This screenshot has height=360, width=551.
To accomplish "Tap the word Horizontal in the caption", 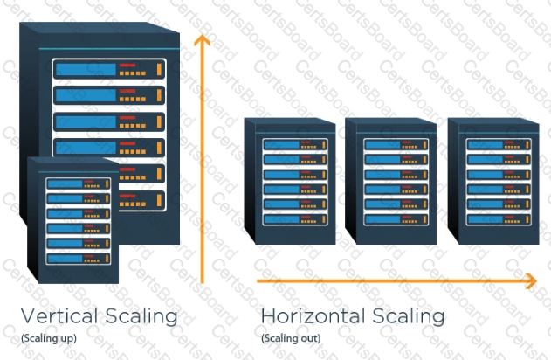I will (313, 315).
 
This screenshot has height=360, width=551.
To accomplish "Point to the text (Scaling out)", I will (291, 337).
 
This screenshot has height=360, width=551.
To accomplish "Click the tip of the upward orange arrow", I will (203, 38).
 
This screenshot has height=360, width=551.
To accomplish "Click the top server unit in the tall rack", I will (108, 69).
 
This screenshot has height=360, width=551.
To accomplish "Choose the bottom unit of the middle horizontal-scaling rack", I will (392, 218).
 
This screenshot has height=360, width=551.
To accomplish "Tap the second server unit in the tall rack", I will (108, 94).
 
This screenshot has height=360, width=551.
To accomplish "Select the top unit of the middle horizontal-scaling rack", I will (392, 143).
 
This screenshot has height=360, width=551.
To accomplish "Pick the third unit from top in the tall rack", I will (108, 121).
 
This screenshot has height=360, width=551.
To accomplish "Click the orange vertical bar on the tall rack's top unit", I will (159, 69).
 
